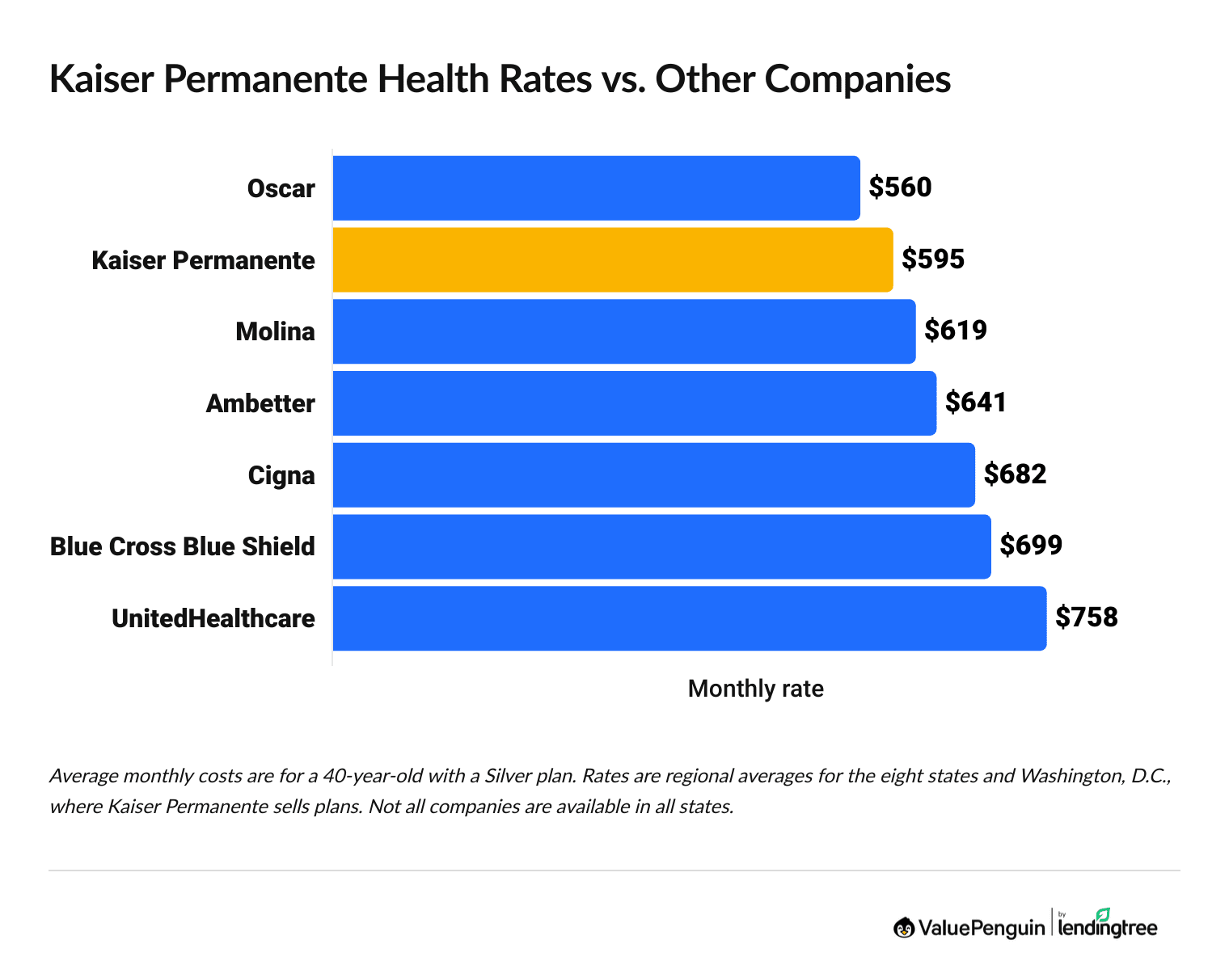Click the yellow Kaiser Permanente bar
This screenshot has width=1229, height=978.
pyautogui.click(x=612, y=259)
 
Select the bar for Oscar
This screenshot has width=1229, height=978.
pyautogui.click(x=596, y=188)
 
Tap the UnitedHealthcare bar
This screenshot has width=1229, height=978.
pyautogui.click(x=689, y=618)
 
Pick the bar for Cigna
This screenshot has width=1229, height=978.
pyautogui.click(x=653, y=475)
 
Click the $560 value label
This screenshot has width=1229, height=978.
pyautogui.click(x=900, y=188)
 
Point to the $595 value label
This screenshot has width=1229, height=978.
pyautogui.click(x=933, y=259)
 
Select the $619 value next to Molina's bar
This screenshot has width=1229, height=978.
pyautogui.click(x=956, y=331)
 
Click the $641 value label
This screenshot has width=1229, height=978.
pyautogui.click(x=976, y=403)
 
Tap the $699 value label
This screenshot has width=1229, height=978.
pyautogui.click(x=1031, y=546)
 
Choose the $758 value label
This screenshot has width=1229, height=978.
pyautogui.click(x=1087, y=618)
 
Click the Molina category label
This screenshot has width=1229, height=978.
pyautogui.click(x=275, y=331)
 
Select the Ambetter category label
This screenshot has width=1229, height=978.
pyautogui.click(x=260, y=403)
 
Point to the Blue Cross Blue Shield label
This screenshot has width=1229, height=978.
pyautogui.click(x=183, y=546)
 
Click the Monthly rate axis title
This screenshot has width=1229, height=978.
pyautogui.click(x=755, y=689)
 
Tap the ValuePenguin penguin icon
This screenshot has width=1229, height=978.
pyautogui.click(x=904, y=928)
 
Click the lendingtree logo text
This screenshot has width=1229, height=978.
pyautogui.click(x=1108, y=928)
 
